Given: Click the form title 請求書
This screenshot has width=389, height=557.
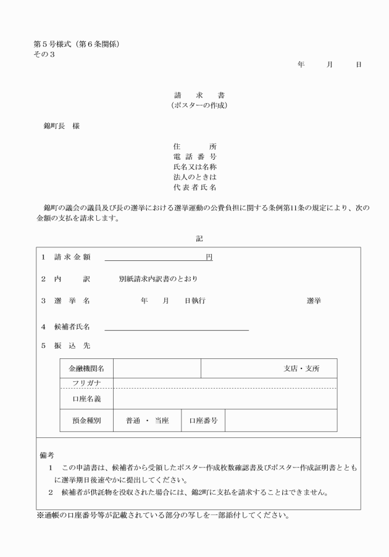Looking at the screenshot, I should click(199, 96).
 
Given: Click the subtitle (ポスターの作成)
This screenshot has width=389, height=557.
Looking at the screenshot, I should click(199, 105).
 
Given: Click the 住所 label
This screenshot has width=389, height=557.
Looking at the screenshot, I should click(194, 146).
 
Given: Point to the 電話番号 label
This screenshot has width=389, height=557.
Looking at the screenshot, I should click(194, 157).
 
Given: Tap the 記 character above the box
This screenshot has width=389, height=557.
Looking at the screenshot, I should click(199, 238).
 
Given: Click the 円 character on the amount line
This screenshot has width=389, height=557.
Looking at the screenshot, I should click(209, 257).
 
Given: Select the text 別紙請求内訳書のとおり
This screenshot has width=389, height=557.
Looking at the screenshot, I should click(158, 279).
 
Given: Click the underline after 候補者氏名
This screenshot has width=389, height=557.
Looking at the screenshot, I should click(177, 330).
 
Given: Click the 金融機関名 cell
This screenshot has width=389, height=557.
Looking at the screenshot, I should click(86, 368).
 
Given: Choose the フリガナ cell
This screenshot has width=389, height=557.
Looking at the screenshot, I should click(86, 383).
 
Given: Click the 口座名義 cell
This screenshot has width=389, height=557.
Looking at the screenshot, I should click(86, 398).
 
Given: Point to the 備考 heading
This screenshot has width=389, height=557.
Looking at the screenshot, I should click(47, 455).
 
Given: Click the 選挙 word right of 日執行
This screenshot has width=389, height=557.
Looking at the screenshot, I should click(314, 300).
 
